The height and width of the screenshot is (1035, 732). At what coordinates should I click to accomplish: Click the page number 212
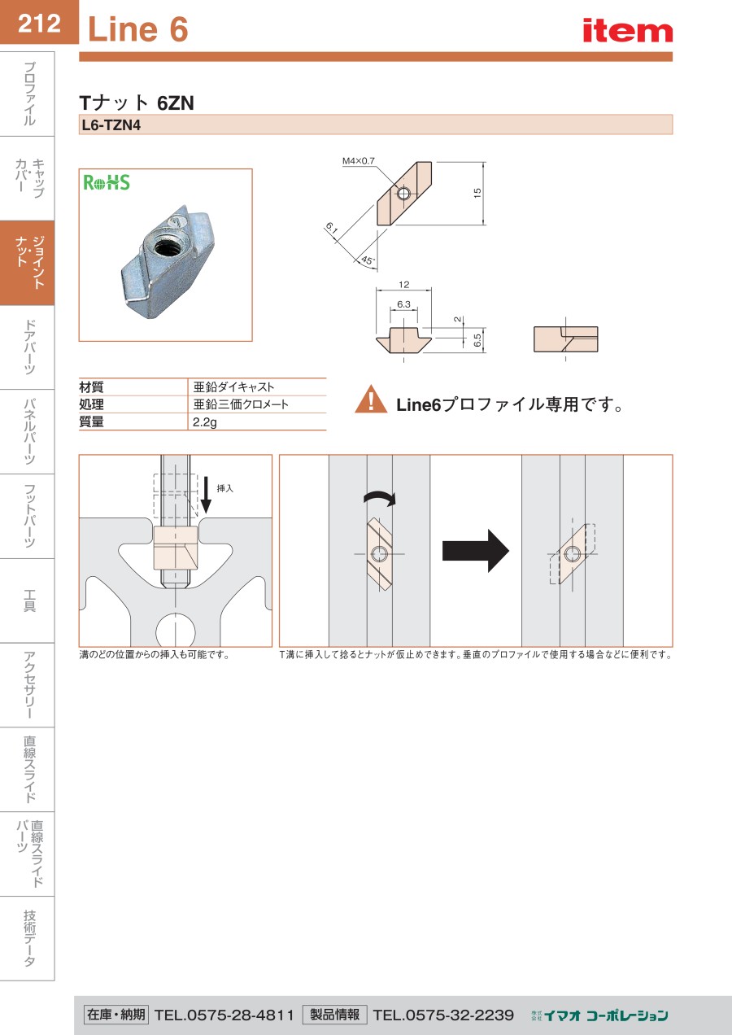39,23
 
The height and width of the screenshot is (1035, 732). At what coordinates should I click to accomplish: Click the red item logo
627,31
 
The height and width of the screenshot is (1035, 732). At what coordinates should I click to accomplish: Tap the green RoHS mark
107,182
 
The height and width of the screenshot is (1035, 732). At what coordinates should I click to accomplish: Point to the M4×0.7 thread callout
359,161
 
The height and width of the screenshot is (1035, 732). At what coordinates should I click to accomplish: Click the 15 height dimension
478,193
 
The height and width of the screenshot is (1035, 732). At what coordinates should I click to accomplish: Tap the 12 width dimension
404,285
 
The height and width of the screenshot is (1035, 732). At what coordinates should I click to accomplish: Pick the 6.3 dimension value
403,304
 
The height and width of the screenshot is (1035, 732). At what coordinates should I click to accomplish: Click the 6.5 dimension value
477,340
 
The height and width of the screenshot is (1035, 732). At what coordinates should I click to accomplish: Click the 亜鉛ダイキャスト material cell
233,387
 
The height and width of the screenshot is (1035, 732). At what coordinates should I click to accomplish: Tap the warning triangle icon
371,400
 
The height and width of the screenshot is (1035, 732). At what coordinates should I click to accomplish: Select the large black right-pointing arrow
475,550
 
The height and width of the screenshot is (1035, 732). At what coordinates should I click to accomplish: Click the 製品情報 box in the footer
334,1015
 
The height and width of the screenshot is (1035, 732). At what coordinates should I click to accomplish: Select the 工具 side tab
28,601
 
